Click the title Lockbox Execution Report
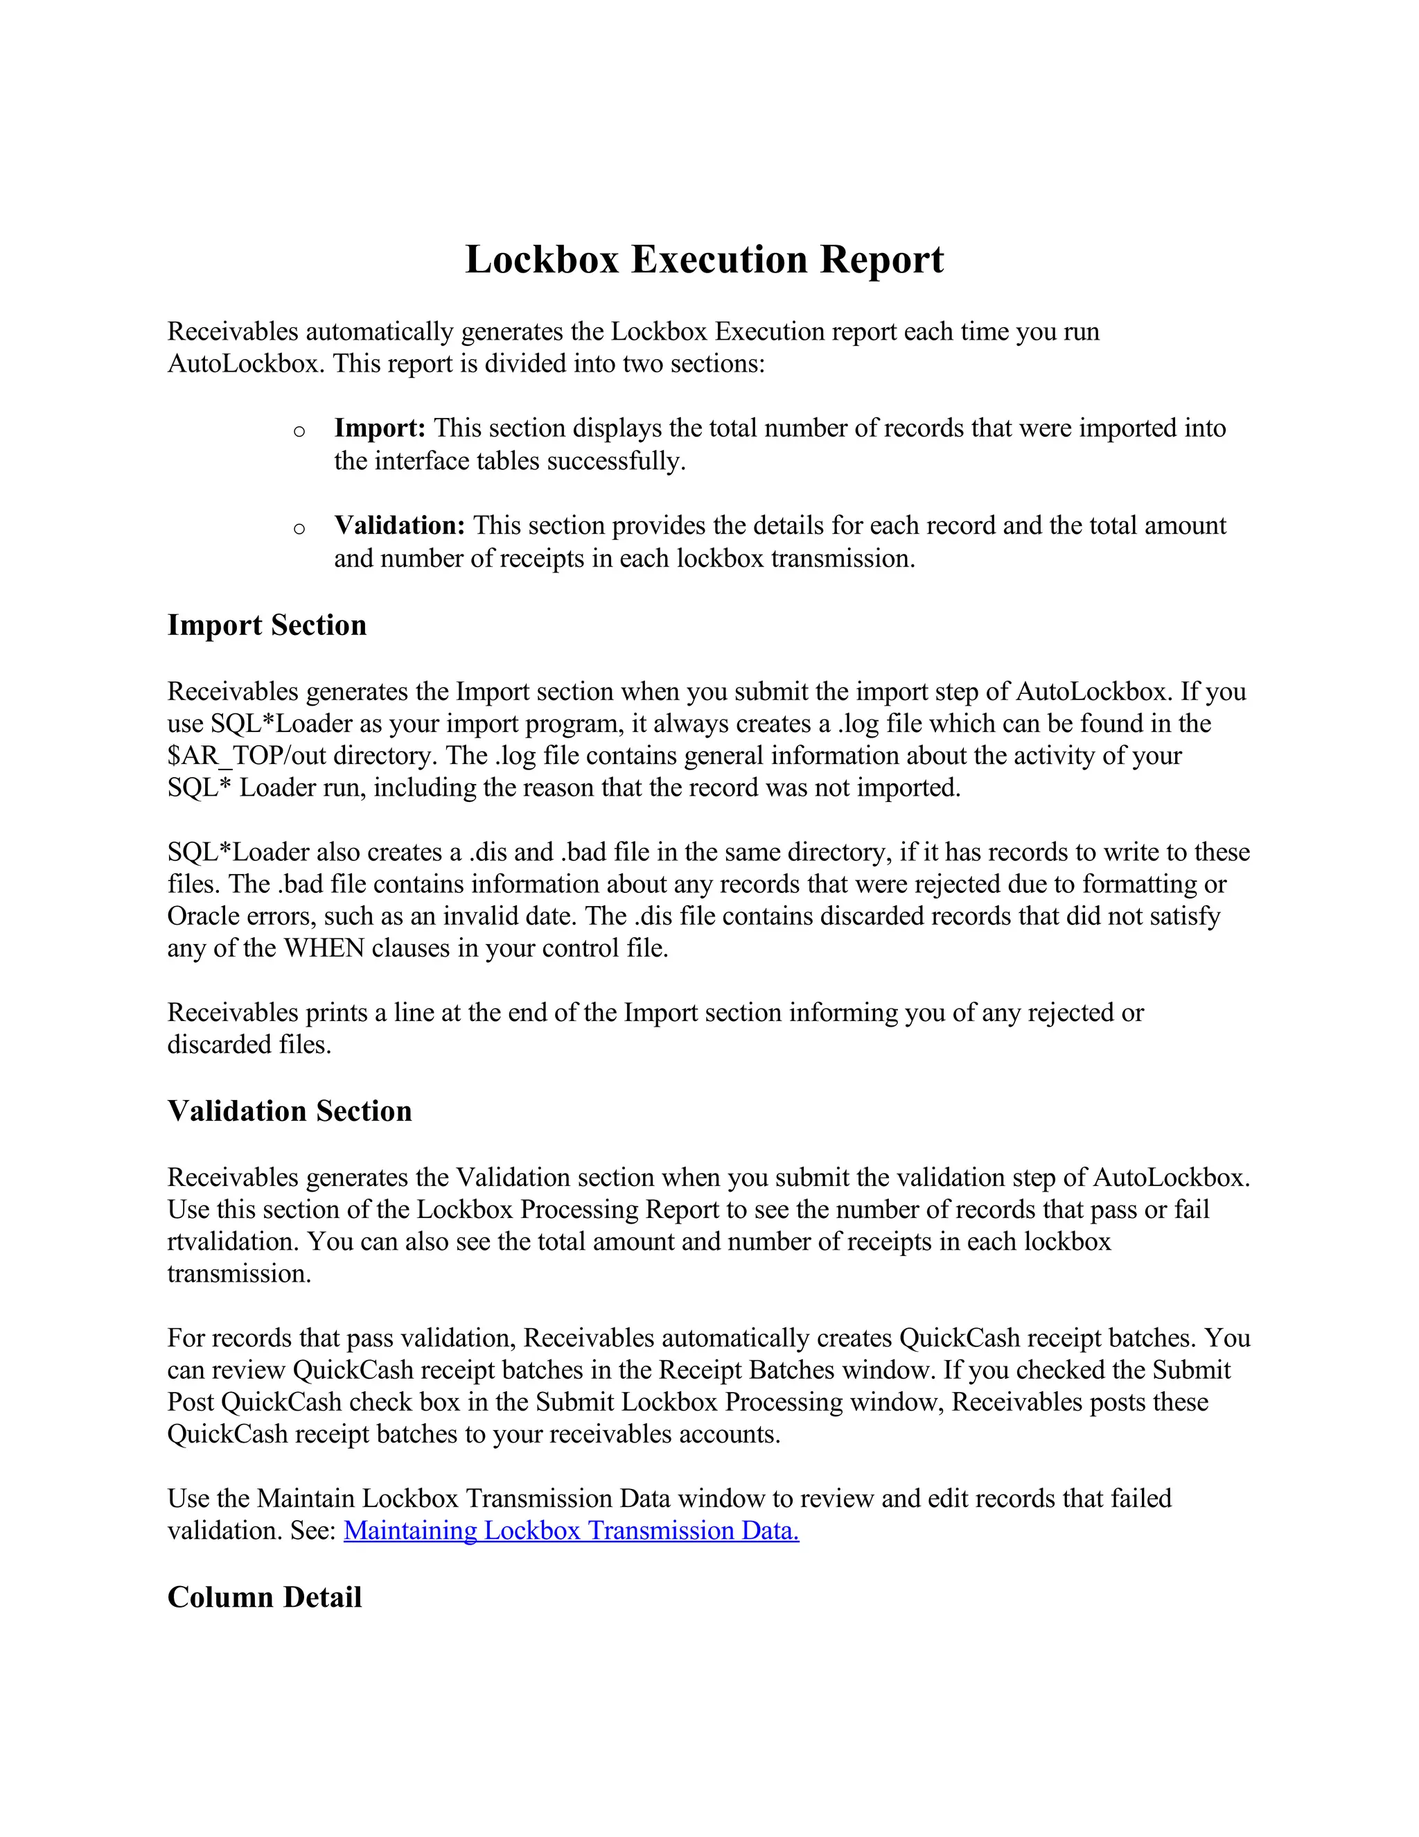pos(705,259)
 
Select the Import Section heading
pos(267,625)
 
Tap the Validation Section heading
pos(289,1111)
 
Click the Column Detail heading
pos(264,1597)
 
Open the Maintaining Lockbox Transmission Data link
pos(571,1531)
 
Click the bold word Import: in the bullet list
pos(380,428)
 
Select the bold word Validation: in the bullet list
pos(399,525)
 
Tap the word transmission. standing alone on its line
pos(239,1274)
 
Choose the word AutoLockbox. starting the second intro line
pos(245,364)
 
